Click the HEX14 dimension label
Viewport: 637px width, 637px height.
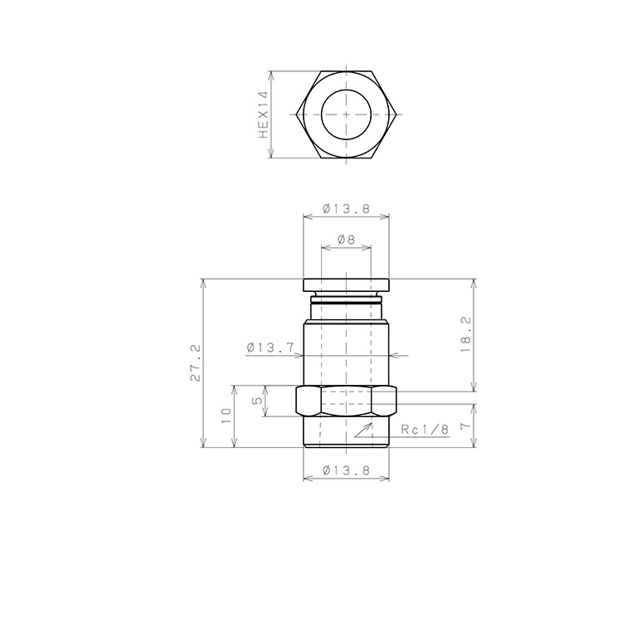[x=264, y=114]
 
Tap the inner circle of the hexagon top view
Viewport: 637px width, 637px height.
[x=321, y=114]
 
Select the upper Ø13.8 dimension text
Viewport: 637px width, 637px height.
[x=347, y=209]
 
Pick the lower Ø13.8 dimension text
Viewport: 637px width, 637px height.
[x=347, y=470]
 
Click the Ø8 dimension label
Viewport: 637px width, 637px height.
[x=346, y=240]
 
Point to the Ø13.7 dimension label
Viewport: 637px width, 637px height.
[x=270, y=348]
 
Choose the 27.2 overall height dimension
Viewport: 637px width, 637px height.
[x=196, y=362]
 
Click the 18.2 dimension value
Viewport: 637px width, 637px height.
[x=466, y=335]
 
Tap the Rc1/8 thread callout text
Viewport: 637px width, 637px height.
[x=425, y=430]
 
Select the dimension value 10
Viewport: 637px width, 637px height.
[x=226, y=416]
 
